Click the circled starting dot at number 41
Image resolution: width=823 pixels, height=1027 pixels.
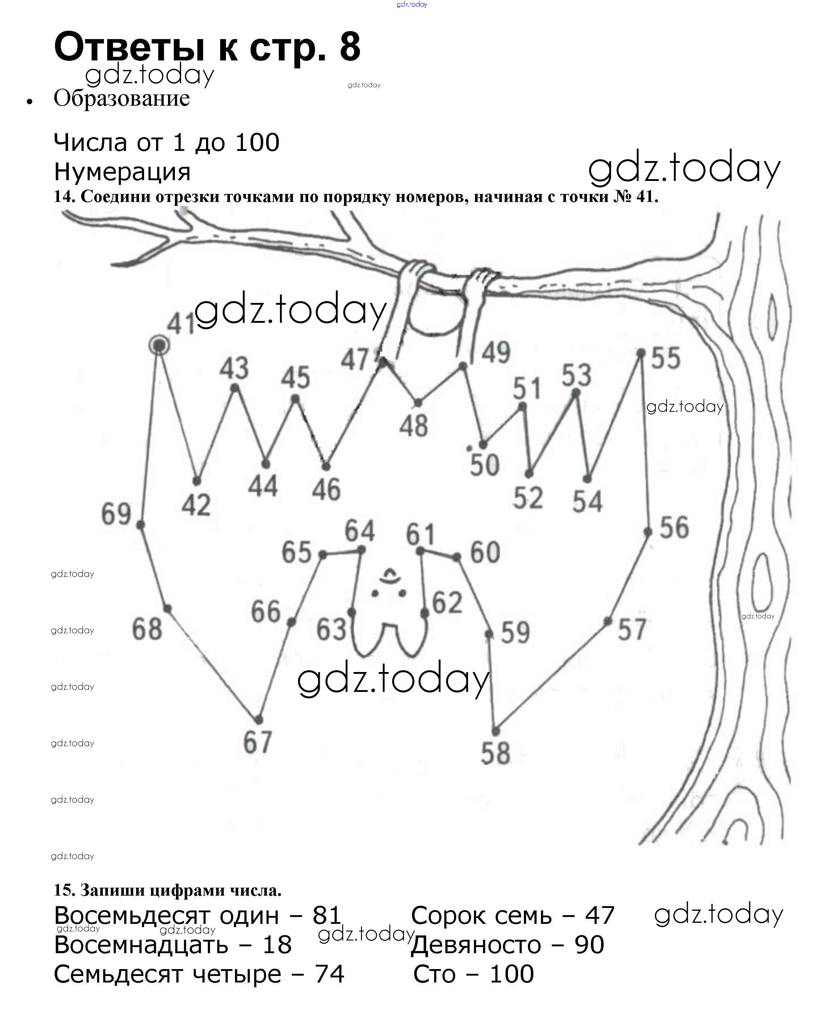[159, 345]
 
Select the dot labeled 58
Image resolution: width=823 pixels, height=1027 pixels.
[496, 731]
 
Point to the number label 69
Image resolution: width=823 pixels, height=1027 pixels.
[116, 514]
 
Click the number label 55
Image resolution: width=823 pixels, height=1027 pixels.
[666, 358]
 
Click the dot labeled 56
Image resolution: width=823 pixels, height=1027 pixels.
[648, 532]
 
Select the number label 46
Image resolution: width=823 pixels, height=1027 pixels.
[327, 489]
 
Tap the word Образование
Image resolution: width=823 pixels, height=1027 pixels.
[122, 98]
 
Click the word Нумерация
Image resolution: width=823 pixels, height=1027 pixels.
[122, 172]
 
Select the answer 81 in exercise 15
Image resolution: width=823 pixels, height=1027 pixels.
[327, 916]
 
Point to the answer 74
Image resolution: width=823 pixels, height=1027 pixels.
[329, 974]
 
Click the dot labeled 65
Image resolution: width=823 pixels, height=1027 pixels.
[323, 554]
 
